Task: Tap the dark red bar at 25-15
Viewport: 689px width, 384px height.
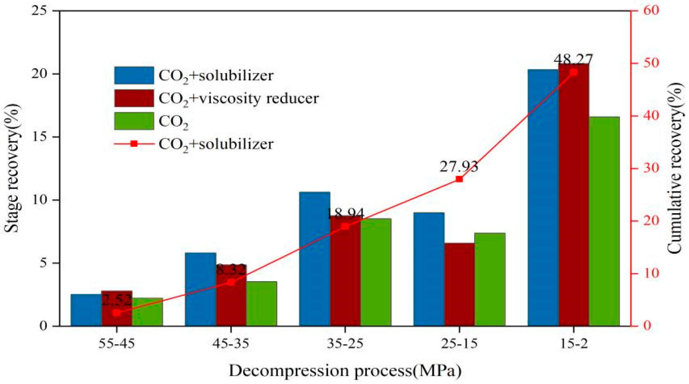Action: (459, 285)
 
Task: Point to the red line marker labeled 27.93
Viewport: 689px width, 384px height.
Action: (459, 179)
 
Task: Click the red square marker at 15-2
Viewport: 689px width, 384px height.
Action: (573, 72)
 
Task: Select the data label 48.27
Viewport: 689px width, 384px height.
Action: (573, 59)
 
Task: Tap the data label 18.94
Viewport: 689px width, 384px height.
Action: (345, 213)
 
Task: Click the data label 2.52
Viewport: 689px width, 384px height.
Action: (116, 300)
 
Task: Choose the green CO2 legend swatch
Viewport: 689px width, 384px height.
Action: (134, 121)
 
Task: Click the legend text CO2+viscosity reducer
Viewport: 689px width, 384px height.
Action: (238, 98)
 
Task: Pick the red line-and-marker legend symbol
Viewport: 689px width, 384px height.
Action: (134, 144)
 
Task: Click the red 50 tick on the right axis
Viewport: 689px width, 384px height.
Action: (650, 63)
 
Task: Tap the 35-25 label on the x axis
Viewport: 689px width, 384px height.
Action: (345, 344)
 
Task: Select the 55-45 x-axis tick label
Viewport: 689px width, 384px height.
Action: (116, 344)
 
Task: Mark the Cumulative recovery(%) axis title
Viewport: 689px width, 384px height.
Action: (675, 168)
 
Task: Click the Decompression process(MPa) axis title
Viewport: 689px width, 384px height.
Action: (345, 371)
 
